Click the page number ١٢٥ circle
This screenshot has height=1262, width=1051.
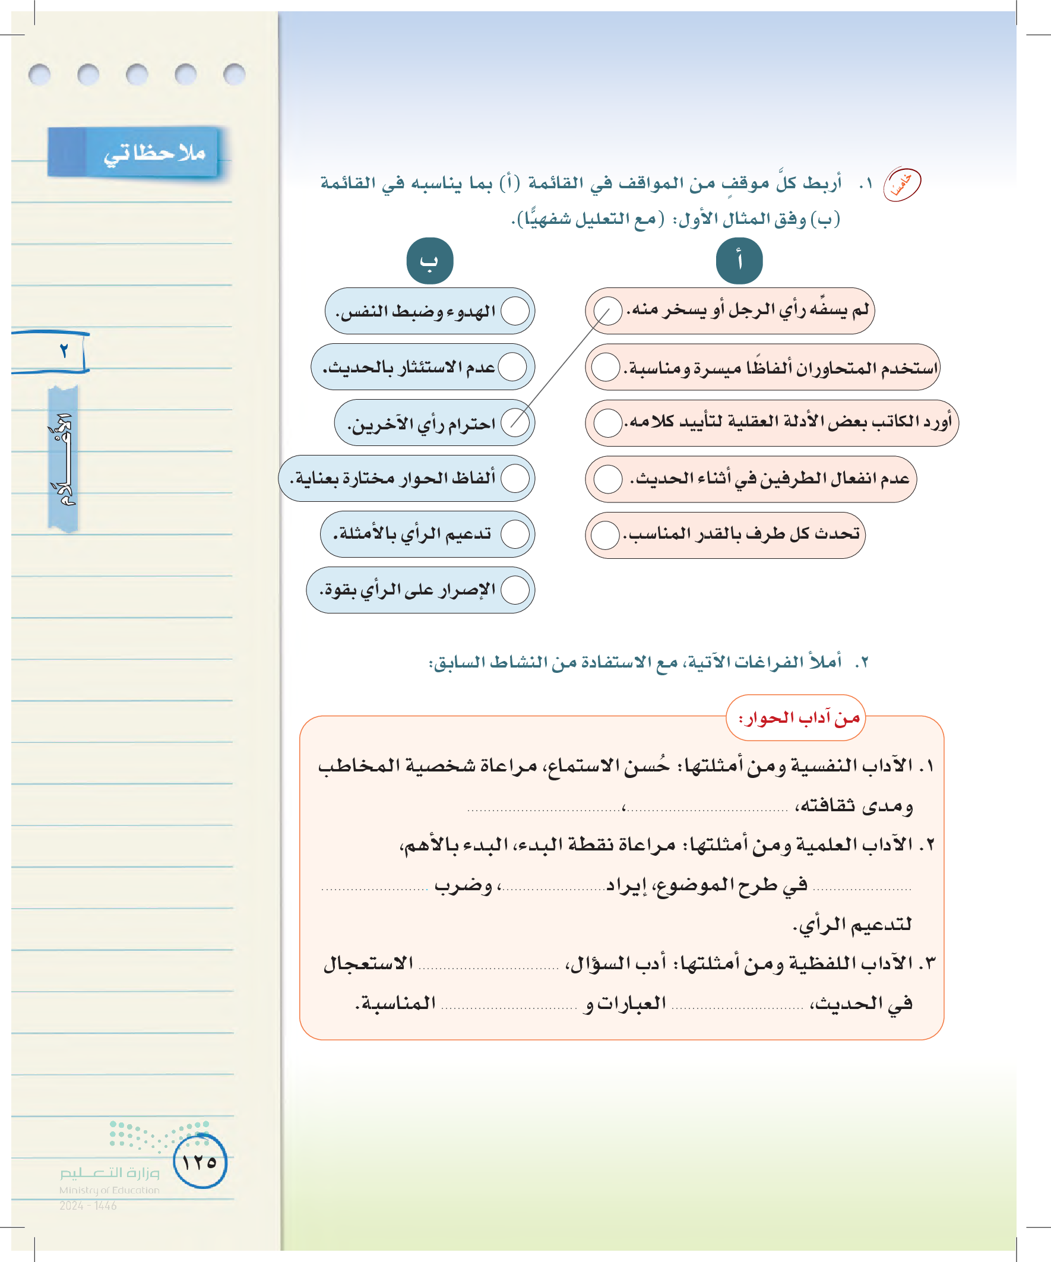tap(200, 1162)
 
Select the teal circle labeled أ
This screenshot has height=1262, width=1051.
tap(739, 261)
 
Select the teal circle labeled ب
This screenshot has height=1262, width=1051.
tap(430, 261)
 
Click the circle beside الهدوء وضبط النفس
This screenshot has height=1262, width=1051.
tap(515, 311)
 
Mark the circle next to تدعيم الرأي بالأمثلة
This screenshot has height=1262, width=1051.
tap(515, 534)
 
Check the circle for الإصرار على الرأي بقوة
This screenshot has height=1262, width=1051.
tap(515, 590)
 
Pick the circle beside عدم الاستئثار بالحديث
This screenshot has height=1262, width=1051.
tap(512, 366)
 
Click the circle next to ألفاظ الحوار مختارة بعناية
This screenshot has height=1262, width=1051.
tap(515, 478)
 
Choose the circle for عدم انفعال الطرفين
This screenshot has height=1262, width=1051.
tap(608, 479)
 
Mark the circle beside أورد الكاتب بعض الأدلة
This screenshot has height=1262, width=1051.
tap(608, 423)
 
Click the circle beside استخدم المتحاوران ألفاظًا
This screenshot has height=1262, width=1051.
tap(606, 366)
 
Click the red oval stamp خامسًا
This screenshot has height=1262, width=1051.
tap(901, 184)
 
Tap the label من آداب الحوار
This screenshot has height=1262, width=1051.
tap(796, 718)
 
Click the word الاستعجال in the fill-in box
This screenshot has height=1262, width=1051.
tap(368, 964)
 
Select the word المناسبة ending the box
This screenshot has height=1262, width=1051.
tap(396, 1003)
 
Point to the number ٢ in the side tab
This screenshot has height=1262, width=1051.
tap(64, 351)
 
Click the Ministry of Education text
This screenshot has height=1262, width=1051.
tap(109, 1190)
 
